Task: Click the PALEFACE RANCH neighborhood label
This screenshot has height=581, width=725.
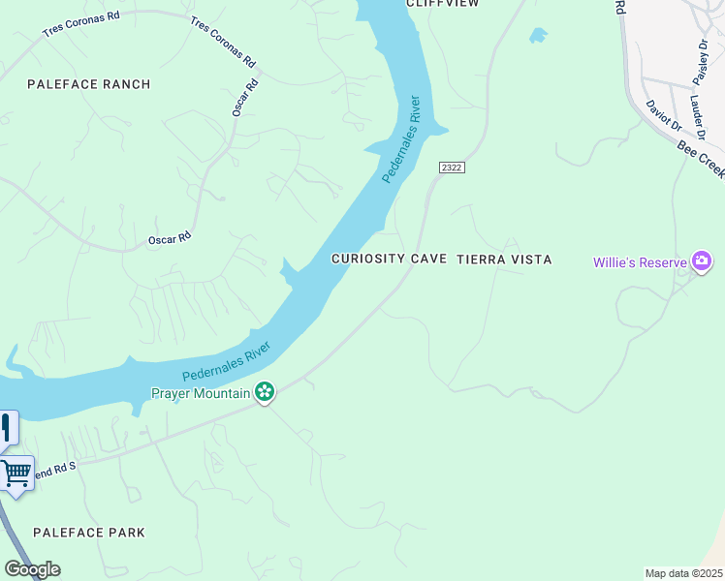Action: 89,84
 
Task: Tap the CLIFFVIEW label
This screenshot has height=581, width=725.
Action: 444,4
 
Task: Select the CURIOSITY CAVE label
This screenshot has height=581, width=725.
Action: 389,260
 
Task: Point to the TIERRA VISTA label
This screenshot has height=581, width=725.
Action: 504,260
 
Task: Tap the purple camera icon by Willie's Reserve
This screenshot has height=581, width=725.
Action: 702,261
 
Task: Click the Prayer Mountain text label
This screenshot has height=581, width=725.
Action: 201,393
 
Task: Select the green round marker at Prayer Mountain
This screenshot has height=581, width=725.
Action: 265,392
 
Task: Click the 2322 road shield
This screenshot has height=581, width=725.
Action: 452,168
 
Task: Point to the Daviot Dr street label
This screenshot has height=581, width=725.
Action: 664,115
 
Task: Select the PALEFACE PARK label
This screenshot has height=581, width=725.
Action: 89,533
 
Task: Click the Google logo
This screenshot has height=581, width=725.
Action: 32,569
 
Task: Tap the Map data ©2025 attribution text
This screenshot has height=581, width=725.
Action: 683,573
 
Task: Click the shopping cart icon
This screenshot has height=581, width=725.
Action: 16,474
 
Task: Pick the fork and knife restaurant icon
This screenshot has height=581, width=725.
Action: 6,426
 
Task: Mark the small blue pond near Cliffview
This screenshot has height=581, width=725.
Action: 537,36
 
